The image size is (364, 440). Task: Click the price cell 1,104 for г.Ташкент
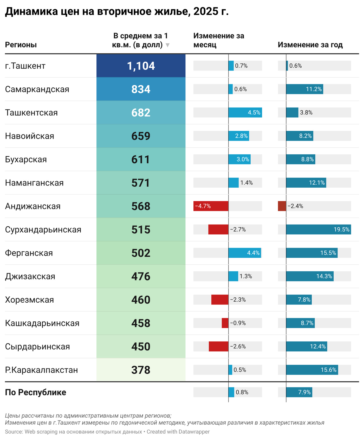pyautogui.click(x=141, y=66)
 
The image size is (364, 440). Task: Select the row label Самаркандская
pyautogui.click(x=37, y=89)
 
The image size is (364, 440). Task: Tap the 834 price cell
pyautogui.click(x=141, y=89)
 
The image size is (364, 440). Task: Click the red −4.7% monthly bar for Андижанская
pyautogui.click(x=211, y=206)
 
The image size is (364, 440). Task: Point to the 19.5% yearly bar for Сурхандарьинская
pyautogui.click(x=318, y=229)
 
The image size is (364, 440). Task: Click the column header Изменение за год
pyautogui.click(x=310, y=45)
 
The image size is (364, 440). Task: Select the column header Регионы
pyautogui.click(x=21, y=45)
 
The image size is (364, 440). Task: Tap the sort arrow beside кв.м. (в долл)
pyautogui.click(x=168, y=45)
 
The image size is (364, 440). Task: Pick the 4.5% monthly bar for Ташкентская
pyautogui.click(x=245, y=112)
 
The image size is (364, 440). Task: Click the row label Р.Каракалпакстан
pyautogui.click(x=41, y=370)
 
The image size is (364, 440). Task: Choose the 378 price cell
pyautogui.click(x=141, y=370)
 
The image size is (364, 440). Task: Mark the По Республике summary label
pyautogui.click(x=36, y=392)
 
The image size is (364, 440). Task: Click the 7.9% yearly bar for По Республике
pyautogui.click(x=299, y=392)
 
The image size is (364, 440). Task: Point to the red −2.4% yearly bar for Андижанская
pyautogui.click(x=282, y=206)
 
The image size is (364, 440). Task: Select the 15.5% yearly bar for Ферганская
pyautogui.click(x=312, y=253)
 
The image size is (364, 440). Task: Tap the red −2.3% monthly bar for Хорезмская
pyautogui.click(x=220, y=300)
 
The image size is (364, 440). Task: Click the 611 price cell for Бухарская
pyautogui.click(x=141, y=159)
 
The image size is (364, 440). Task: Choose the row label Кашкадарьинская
pyautogui.click(x=42, y=323)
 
